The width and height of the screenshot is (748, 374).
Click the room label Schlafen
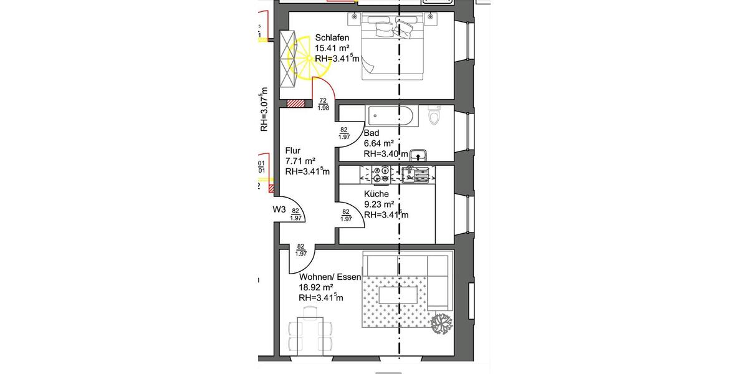click(332, 37)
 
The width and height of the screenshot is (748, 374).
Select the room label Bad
click(372, 133)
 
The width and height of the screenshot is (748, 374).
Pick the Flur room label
click(293, 150)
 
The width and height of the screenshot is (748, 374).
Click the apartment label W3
click(279, 210)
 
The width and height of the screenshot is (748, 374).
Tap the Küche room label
click(376, 194)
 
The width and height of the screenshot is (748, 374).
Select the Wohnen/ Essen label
click(330, 277)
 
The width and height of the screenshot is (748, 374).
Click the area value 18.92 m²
click(320, 287)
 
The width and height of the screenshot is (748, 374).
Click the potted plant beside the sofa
click(442, 324)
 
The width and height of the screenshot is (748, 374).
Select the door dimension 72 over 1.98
click(323, 104)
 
